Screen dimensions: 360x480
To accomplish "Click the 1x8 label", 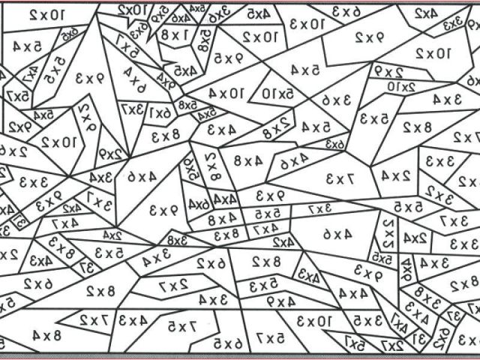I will pos(174,35).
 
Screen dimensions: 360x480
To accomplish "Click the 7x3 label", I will pos(338,178).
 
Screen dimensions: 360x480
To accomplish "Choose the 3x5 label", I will pos(368,321).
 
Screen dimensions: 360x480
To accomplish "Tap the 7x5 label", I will pos(182,325).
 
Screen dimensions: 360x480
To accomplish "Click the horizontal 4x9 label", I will pos(280,301).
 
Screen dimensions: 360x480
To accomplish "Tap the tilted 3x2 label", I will pos(445,197).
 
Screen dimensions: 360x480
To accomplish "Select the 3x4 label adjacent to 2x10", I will pos(447,98).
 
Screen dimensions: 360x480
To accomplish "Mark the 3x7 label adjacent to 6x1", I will pos(136,111).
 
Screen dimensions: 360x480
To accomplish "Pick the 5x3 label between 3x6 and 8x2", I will pos(373,118).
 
